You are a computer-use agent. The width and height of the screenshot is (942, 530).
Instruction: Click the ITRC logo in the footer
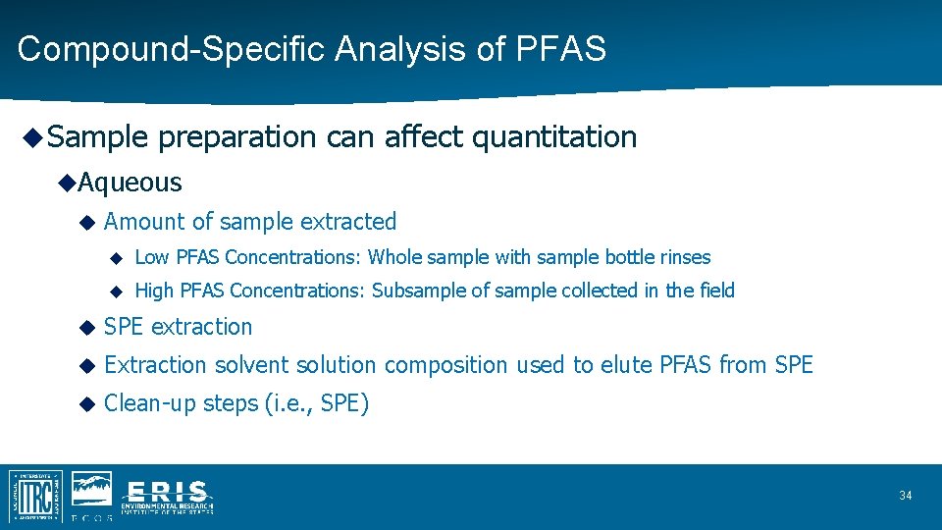click(35, 496)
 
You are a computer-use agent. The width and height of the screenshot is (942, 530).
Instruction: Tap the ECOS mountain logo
click(90, 491)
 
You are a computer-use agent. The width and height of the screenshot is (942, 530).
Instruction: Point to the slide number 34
click(905, 496)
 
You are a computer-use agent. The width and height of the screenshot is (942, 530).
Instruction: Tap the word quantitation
click(554, 137)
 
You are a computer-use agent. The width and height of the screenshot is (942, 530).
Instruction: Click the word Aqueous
click(130, 183)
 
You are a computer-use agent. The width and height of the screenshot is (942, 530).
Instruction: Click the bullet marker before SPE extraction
click(87, 327)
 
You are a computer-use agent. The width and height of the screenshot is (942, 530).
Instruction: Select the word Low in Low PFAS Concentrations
click(151, 257)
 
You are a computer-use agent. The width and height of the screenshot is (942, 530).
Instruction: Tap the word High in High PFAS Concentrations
click(154, 291)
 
